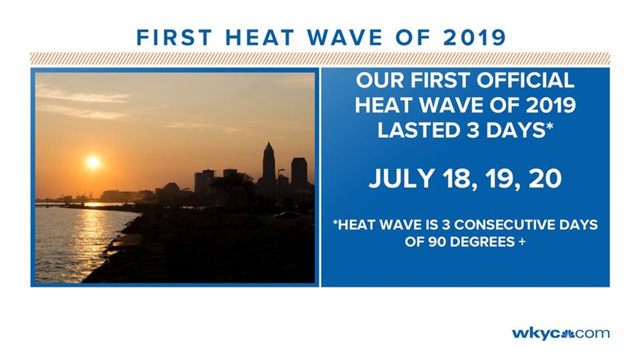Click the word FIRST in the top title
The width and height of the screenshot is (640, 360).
coord(174,38)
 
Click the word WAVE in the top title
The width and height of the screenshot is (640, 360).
coord(345,38)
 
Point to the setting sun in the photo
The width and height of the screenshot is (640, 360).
coord(93,162)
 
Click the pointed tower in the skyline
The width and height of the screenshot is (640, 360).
coord(268,163)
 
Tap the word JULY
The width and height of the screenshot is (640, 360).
coord(401,179)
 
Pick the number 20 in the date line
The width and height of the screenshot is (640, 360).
coord(545,179)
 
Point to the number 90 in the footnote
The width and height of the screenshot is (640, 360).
coord(436,241)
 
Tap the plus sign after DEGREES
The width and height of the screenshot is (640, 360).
coord(521,241)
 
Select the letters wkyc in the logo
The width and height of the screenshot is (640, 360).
coord(536,334)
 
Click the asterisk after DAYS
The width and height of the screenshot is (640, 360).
coord(549,126)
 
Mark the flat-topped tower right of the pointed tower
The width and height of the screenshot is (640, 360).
coord(299,174)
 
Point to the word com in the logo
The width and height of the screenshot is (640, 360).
coord(591,334)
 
